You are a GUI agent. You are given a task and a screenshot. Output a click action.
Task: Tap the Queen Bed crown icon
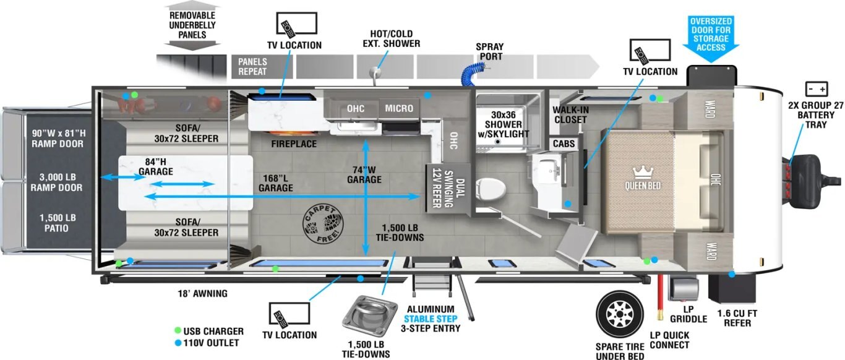[641, 171]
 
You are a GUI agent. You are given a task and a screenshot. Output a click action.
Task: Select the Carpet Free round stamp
[321, 223]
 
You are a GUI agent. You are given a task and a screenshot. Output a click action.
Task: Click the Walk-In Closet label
[570, 115]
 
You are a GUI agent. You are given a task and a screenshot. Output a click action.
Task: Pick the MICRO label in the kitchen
[399, 108]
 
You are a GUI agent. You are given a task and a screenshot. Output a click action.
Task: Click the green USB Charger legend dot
[178, 331]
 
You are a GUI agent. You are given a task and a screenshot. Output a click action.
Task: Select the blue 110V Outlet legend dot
[178, 343]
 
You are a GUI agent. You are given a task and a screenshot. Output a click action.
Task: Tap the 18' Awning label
[202, 294]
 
